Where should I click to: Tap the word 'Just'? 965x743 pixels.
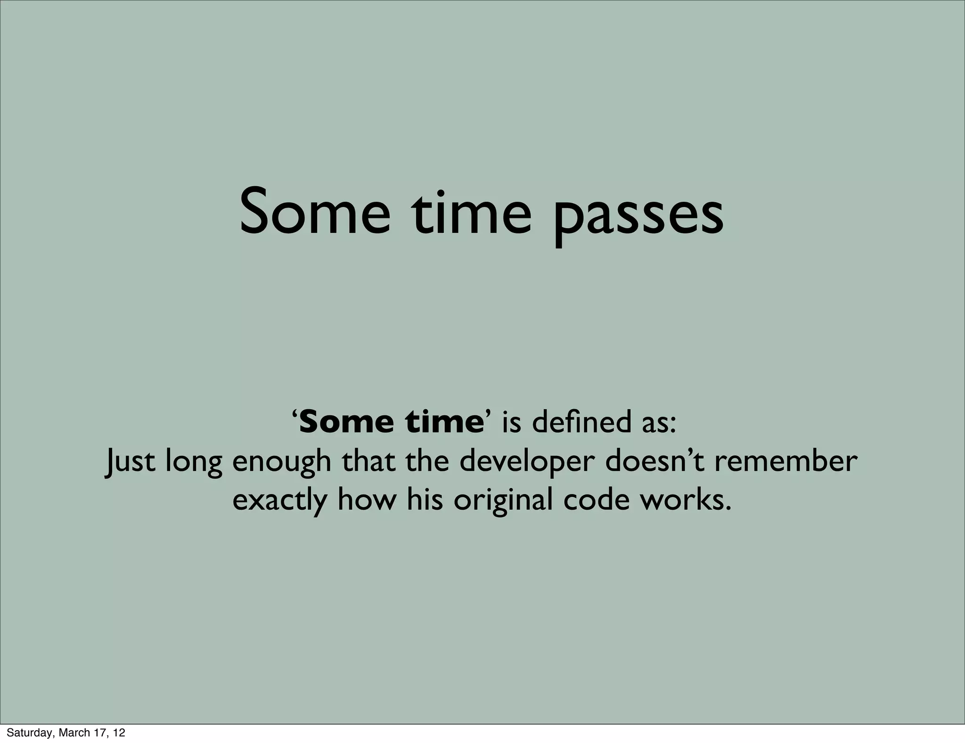129,462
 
